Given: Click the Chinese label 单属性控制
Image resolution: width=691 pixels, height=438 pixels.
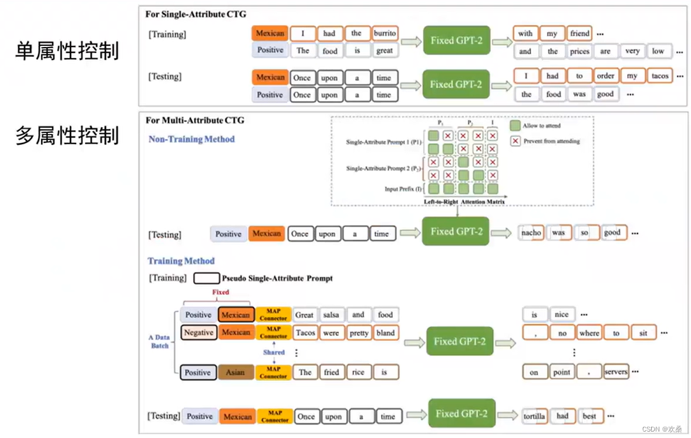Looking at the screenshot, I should tap(67, 51).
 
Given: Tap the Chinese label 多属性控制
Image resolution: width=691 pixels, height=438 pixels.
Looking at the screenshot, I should tap(67, 135).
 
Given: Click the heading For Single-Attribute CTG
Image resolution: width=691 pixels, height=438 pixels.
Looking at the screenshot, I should tap(196, 14).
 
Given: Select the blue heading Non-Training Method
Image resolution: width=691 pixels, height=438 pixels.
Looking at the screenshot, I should tap(191, 139).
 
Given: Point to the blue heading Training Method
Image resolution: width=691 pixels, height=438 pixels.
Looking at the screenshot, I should tap(181, 261).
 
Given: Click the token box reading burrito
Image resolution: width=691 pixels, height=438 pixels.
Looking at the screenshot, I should tap(385, 34).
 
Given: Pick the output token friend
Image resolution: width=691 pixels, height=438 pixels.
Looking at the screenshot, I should tap(579, 34).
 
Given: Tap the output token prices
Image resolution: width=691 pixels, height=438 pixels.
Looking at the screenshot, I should tap(579, 51).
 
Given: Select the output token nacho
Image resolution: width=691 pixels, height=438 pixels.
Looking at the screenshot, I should tap(531, 232).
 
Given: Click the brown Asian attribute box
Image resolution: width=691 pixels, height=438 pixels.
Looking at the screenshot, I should tap(235, 373).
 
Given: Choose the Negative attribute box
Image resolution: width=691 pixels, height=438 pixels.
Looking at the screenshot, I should tap(198, 332).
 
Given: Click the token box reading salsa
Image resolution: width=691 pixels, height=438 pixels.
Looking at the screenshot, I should tap(332, 315).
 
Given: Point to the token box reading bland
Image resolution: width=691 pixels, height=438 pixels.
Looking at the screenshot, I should tap(385, 333).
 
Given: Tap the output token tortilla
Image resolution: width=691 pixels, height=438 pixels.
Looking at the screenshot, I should tap(534, 416).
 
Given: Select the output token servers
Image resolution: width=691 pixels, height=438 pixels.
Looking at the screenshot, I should tap(616, 372).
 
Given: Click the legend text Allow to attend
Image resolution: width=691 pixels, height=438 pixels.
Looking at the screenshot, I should tap(541, 126).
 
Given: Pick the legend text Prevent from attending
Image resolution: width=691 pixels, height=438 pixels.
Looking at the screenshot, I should tap(551, 141).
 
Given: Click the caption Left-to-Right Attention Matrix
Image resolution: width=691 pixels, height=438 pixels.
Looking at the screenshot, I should tap(464, 202).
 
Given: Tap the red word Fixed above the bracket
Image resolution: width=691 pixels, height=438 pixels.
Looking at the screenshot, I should tap(220, 292).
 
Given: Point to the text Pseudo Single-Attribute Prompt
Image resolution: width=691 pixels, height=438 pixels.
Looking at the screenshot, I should tap(277, 278).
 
